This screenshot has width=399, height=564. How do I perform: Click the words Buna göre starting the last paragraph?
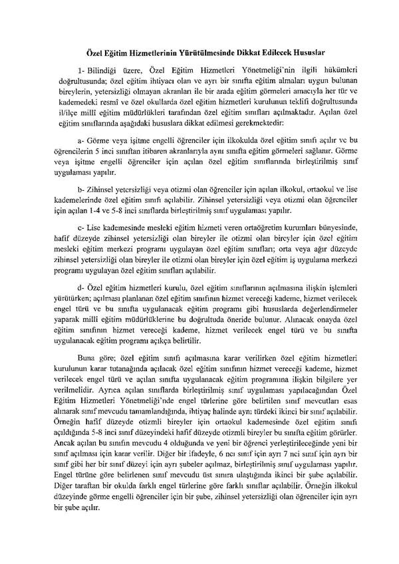pyautogui.click(x=92, y=357)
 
